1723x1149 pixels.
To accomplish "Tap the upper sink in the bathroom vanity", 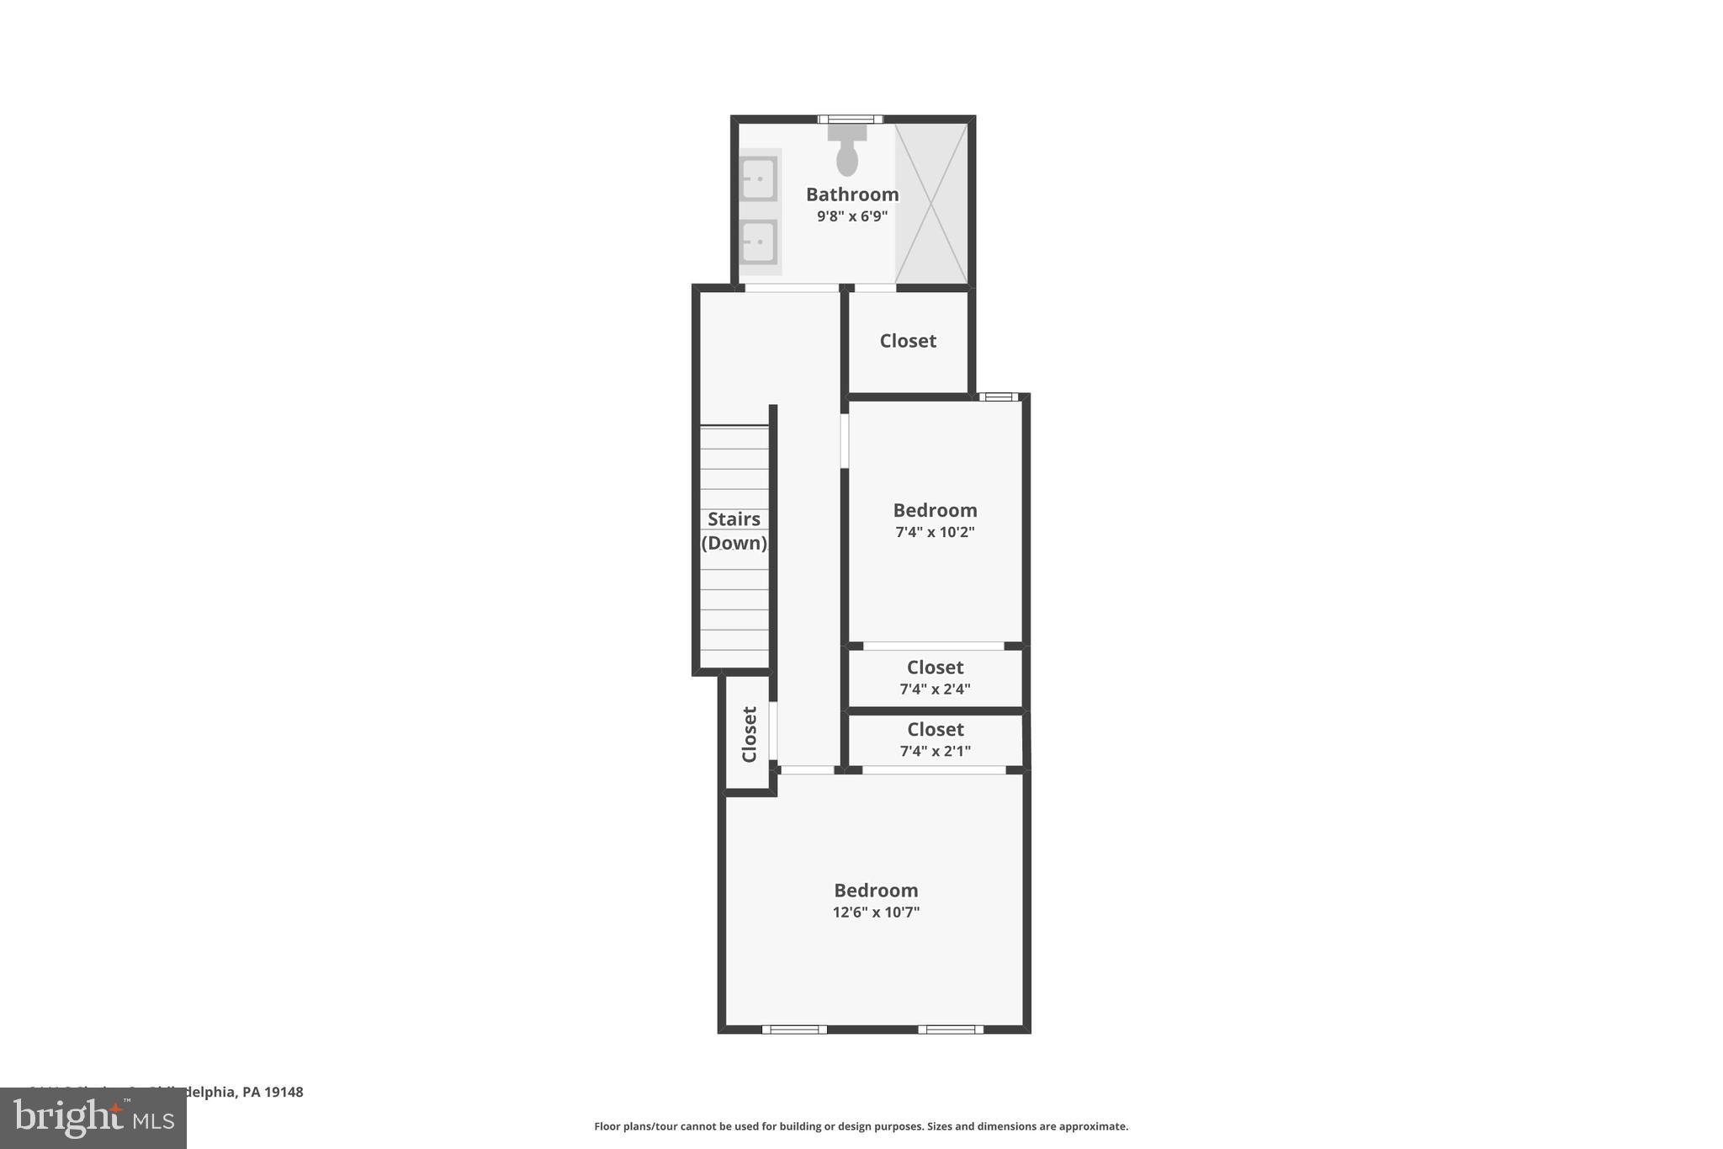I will [758, 178].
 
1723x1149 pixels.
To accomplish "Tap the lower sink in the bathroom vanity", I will [758, 242].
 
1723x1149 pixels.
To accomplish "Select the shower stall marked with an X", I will [931, 203].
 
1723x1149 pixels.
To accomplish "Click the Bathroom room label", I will [852, 194].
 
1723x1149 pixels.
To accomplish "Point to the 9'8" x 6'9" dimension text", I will [852, 216].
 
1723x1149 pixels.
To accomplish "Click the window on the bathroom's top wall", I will [851, 120].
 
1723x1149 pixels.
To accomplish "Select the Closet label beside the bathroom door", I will [908, 341].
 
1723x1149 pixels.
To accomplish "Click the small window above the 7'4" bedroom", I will [999, 396].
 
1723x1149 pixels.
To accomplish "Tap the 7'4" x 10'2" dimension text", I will [935, 532].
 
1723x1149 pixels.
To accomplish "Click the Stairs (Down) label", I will [734, 530].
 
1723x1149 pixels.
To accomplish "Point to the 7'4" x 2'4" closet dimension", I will [935, 689].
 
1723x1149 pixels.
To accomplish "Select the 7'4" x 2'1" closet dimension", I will [935, 751].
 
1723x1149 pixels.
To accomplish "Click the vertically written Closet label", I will [749, 734].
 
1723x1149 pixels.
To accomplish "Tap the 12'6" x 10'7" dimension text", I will [876, 912].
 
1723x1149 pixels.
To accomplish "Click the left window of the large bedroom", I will [794, 1029].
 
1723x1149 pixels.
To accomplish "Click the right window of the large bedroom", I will [950, 1029].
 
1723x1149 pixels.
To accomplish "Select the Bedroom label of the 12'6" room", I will [876, 891].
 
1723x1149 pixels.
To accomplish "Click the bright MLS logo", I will [93, 1118].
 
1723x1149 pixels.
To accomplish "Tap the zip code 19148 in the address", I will [284, 1092].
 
